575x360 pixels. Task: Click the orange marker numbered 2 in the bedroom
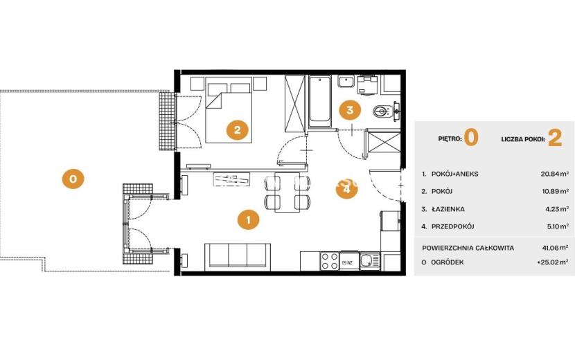[237, 129]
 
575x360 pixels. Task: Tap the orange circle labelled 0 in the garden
[73, 179]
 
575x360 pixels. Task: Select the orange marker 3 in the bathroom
[349, 109]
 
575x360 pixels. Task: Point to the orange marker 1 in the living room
[248, 220]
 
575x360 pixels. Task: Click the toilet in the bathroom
[382, 111]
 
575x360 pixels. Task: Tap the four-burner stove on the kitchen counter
[330, 261]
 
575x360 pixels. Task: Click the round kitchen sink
[366, 261]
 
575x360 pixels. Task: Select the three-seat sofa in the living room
[238, 257]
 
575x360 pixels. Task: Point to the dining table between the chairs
[288, 192]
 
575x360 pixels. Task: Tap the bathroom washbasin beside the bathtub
[346, 82]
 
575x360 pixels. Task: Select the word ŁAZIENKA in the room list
[448, 209]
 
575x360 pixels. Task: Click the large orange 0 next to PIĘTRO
[471, 138]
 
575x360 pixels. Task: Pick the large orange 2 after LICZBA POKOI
[555, 138]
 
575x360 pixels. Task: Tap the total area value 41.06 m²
[556, 247]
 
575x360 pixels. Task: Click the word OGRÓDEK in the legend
[448, 262]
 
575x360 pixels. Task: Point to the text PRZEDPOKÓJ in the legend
[453, 226]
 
